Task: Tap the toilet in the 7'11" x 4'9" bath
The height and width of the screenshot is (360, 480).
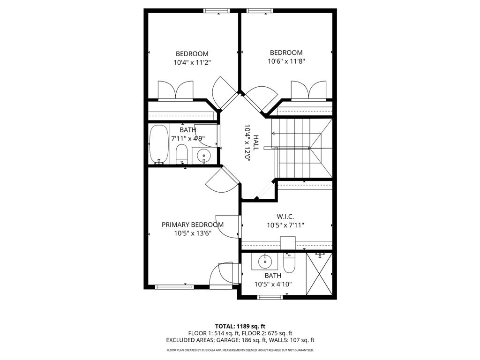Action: [x=182, y=154]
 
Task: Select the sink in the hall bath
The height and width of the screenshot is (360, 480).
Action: [x=204, y=155]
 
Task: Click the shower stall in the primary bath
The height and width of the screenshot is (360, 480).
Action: [x=319, y=274]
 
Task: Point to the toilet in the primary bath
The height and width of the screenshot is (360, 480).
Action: [x=288, y=263]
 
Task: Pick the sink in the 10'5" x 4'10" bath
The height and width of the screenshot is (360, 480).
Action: [x=265, y=262]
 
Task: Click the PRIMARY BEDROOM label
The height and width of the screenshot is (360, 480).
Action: [x=192, y=225]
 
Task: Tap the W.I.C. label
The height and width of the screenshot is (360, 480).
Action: [x=285, y=217]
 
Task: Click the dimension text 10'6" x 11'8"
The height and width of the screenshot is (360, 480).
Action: [x=286, y=61]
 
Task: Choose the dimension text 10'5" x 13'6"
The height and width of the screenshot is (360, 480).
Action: [x=192, y=233]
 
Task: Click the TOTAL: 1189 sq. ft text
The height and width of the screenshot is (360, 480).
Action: [x=240, y=326]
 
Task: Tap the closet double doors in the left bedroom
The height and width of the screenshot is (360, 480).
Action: [x=175, y=90]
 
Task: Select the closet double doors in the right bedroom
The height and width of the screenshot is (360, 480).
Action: [x=308, y=90]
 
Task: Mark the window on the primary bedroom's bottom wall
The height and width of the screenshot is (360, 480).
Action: [x=174, y=287]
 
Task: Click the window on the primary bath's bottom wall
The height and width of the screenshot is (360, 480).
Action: [x=270, y=297]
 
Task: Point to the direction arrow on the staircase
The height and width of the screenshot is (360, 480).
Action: [x=274, y=133]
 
